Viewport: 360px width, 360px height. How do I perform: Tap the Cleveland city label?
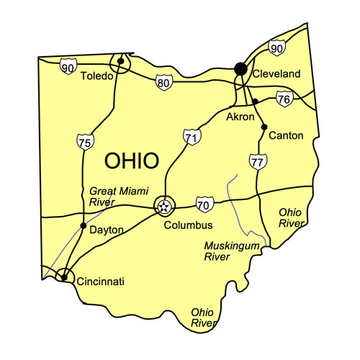[275, 74]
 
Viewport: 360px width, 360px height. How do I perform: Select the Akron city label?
[240, 117]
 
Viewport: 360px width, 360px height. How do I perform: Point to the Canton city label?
[285, 135]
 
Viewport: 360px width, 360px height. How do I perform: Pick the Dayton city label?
[106, 230]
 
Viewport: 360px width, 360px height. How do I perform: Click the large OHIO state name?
[132, 161]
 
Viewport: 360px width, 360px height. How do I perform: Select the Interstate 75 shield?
[84, 143]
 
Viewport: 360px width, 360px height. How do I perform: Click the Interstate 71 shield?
[189, 136]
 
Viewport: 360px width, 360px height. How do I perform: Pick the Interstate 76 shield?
[284, 99]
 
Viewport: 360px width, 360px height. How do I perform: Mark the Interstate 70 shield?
[204, 204]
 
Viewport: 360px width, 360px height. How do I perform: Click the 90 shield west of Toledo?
[68, 67]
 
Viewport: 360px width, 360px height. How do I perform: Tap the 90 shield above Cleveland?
[276, 48]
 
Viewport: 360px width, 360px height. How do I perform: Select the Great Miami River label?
[112, 196]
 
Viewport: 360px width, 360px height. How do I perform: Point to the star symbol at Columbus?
[165, 207]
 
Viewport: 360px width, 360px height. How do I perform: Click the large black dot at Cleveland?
[240, 68]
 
